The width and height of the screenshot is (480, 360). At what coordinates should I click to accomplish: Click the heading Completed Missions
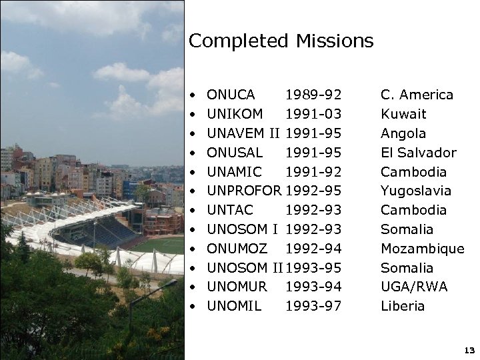tap(281, 41)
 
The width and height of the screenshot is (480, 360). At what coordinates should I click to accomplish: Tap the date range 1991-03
tap(313, 114)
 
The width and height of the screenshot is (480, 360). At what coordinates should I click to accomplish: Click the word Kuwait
tap(403, 114)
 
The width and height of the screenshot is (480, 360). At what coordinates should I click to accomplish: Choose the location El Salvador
tap(419, 153)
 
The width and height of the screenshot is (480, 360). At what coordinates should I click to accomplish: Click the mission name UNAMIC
tap(235, 172)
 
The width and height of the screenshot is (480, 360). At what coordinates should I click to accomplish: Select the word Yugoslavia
tap(416, 191)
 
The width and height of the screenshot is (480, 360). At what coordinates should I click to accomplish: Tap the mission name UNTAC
tap(231, 210)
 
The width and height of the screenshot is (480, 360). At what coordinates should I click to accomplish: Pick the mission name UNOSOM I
tap(242, 229)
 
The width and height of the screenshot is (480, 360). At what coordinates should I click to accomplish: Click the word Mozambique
tap(423, 249)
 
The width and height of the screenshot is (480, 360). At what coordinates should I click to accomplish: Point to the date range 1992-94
tap(313, 249)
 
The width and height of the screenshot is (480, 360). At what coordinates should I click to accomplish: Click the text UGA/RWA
tap(414, 287)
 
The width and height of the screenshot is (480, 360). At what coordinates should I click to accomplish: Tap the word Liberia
tap(403, 307)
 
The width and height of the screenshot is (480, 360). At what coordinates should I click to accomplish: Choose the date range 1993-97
tap(313, 307)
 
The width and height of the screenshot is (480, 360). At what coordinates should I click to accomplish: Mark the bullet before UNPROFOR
tap(192, 191)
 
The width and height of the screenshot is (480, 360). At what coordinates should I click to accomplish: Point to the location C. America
tap(417, 95)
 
